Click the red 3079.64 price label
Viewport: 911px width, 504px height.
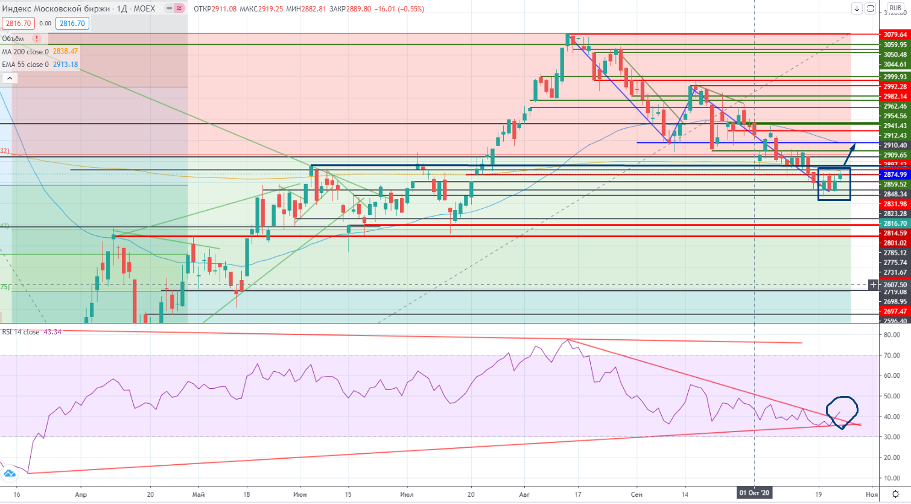pyautogui.click(x=895, y=34)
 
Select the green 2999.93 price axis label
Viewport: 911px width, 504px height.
pyautogui.click(x=895, y=77)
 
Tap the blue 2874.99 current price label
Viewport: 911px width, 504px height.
pyautogui.click(x=895, y=174)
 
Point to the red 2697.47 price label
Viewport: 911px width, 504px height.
pyautogui.click(x=895, y=311)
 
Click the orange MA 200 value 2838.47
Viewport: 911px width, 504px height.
pyautogui.click(x=65, y=52)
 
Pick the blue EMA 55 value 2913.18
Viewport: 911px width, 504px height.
pyautogui.click(x=65, y=65)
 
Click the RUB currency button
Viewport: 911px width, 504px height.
pyautogui.click(x=895, y=8)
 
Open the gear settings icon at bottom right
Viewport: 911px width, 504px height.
pyautogui.click(x=897, y=494)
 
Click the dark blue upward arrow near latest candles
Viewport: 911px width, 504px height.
pyautogui.click(x=849, y=154)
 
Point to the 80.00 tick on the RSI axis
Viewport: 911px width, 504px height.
pyautogui.click(x=892, y=334)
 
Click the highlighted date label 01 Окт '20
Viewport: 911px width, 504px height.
pyautogui.click(x=755, y=493)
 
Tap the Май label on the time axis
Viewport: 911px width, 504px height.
pyautogui.click(x=198, y=494)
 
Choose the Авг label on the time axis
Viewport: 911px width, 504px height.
pyautogui.click(x=524, y=494)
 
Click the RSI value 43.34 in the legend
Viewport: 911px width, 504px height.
pyautogui.click(x=52, y=332)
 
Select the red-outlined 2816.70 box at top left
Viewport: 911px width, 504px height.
pyautogui.click(x=18, y=24)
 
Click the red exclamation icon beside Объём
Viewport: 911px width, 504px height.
pyautogui.click(x=37, y=39)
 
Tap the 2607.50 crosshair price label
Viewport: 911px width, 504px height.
pyautogui.click(x=895, y=284)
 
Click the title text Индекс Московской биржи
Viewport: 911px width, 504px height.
pyautogui.click(x=56, y=8)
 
